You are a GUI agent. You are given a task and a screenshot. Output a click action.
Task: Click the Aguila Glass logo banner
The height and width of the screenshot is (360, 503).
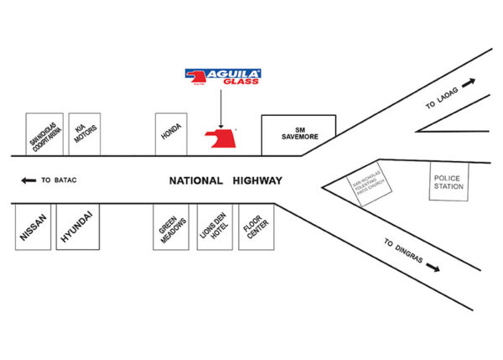(x=222, y=76)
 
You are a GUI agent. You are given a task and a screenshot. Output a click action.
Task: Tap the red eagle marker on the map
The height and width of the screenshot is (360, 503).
(x=221, y=138)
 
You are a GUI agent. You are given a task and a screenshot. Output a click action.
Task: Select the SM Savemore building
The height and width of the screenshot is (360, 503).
(x=298, y=135)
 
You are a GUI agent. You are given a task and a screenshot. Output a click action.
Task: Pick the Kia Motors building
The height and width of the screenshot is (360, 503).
(x=84, y=134)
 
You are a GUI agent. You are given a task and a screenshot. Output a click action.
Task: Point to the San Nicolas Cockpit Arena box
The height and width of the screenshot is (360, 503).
(x=44, y=134)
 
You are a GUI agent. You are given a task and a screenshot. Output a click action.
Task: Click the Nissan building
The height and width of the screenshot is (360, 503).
(x=34, y=226)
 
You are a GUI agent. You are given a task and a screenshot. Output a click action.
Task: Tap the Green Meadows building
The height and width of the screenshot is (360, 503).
(x=170, y=226)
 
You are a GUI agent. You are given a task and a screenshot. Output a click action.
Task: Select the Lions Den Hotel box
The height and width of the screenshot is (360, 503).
(x=212, y=226)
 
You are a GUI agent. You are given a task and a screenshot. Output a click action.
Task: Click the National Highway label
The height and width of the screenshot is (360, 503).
(x=226, y=180)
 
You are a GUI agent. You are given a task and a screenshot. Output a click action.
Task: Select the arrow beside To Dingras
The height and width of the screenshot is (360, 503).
(x=433, y=268)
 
